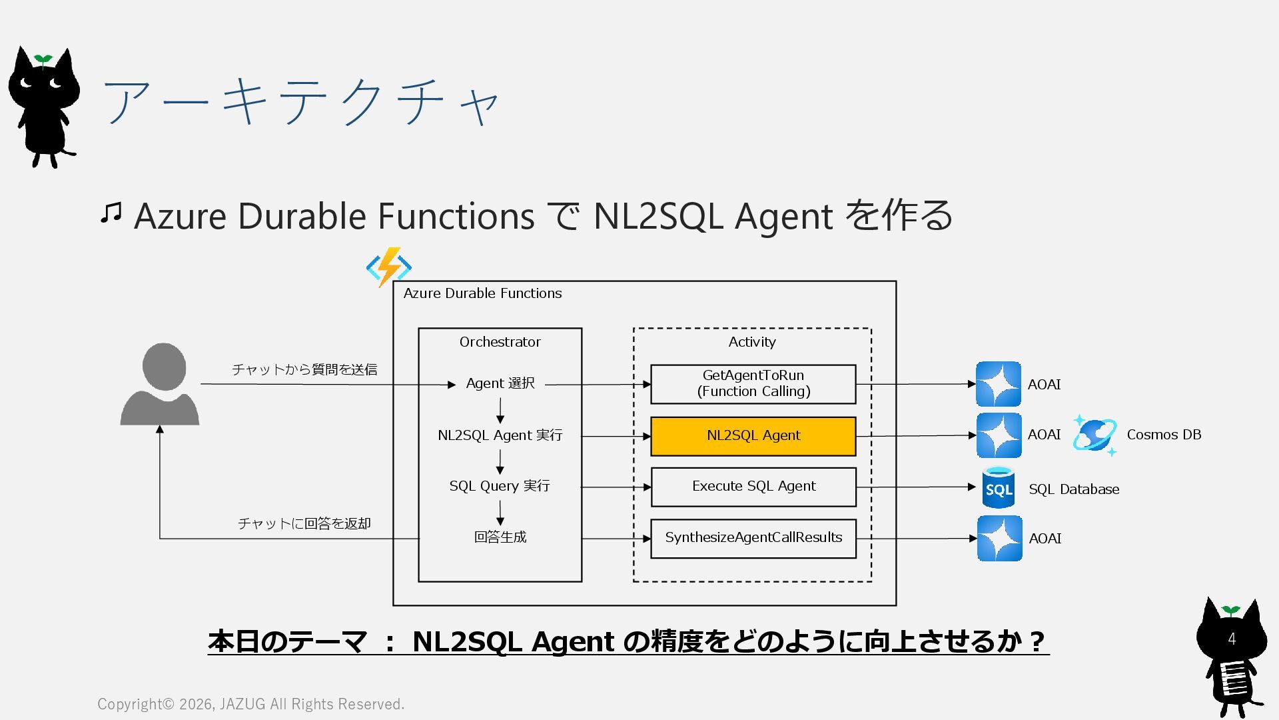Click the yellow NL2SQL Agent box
(x=753, y=436)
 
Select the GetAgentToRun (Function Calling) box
(x=753, y=384)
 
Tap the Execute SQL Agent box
(x=753, y=487)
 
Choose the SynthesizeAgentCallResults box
(x=753, y=538)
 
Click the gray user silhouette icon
(x=161, y=385)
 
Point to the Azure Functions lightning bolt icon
(x=389, y=267)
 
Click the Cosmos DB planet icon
(x=1094, y=435)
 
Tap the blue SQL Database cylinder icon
(x=999, y=488)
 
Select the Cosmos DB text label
(x=1164, y=435)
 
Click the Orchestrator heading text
(x=500, y=342)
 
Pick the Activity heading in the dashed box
(x=752, y=342)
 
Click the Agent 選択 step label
(x=500, y=383)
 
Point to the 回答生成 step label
(x=500, y=537)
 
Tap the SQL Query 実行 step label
(x=500, y=486)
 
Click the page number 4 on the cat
(x=1232, y=639)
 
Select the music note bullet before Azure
(x=111, y=213)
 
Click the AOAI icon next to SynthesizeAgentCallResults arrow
(x=999, y=538)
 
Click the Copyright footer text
(x=250, y=704)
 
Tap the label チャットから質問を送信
(x=304, y=369)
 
